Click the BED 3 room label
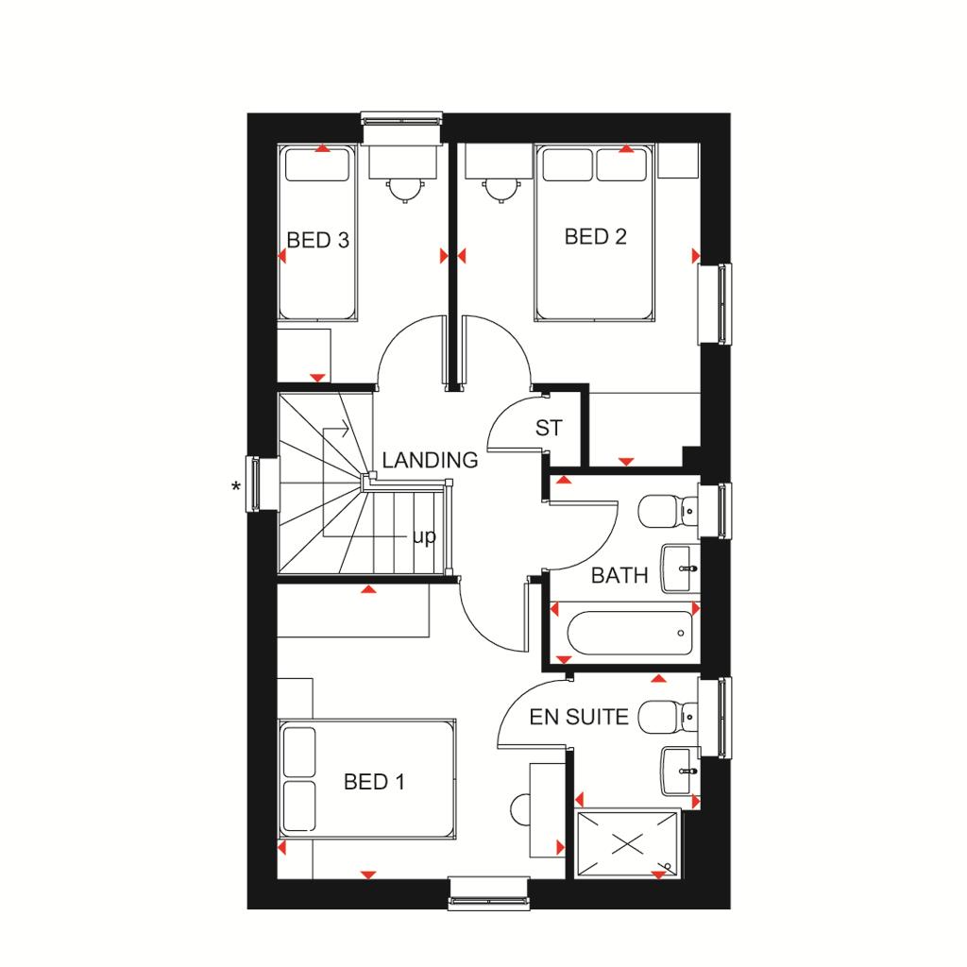click(317, 240)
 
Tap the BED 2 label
click(595, 236)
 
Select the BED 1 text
click(374, 782)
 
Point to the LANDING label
click(430, 460)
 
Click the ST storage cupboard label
click(549, 428)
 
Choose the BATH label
click(619, 575)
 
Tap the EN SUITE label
click(579, 717)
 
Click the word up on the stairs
click(424, 536)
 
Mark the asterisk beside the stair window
click(235, 487)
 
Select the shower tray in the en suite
click(627, 843)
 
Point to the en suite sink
click(680, 771)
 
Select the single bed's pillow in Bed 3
click(317, 166)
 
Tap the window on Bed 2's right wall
click(716, 304)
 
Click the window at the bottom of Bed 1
click(489, 893)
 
